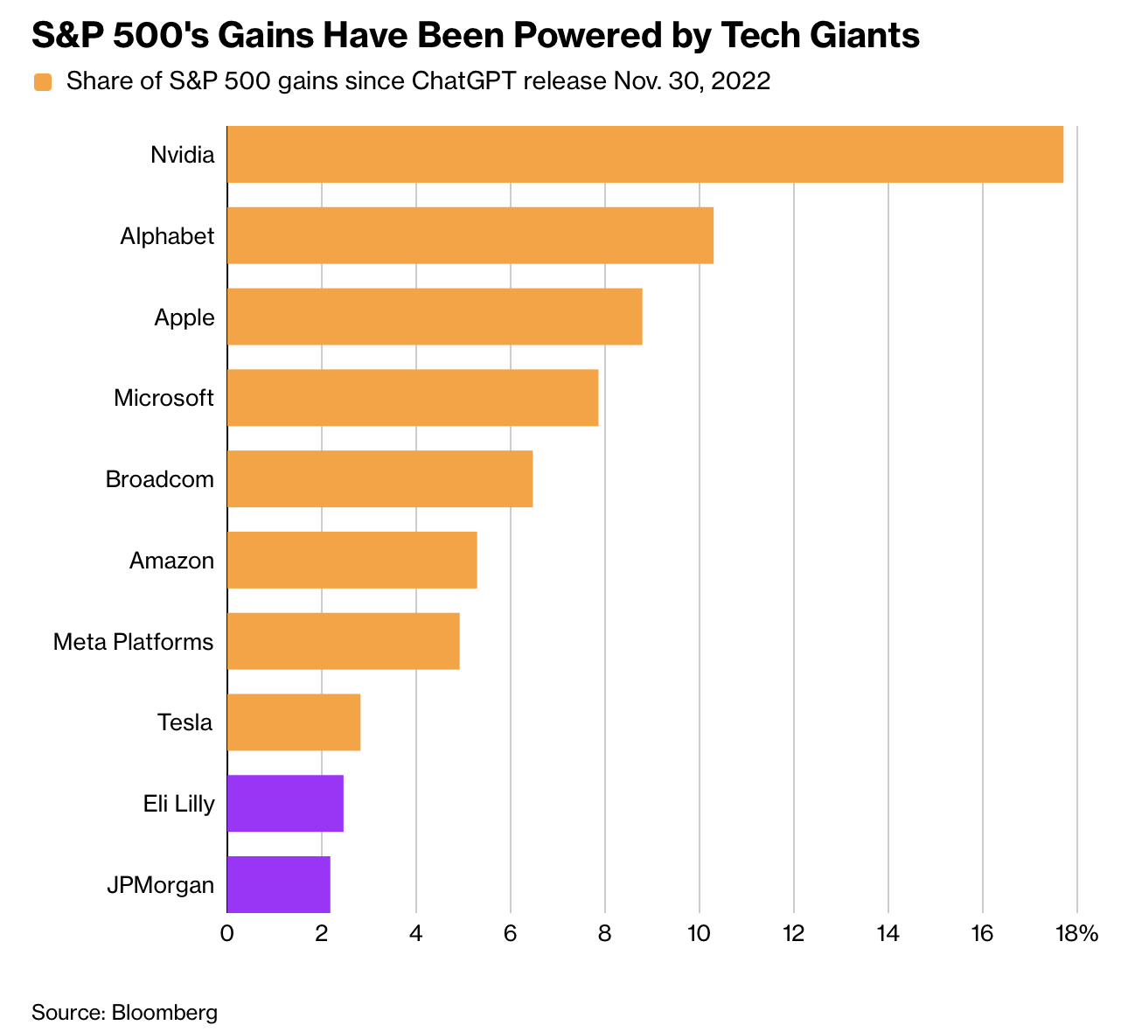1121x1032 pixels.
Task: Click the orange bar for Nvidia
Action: pyautogui.click(x=644, y=154)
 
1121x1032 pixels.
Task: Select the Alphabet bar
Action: pyautogui.click(x=470, y=235)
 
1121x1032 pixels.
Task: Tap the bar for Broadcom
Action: pyautogui.click(x=379, y=478)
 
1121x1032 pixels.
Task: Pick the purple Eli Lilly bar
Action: pyautogui.click(x=285, y=803)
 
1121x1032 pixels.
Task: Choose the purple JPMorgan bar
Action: pyautogui.click(x=278, y=884)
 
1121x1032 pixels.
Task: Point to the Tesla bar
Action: pyautogui.click(x=293, y=722)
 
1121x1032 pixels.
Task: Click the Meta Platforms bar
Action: pyautogui.click(x=343, y=641)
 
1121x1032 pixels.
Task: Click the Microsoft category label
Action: pyautogui.click(x=164, y=398)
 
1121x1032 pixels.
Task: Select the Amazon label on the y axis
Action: pyautogui.click(x=171, y=561)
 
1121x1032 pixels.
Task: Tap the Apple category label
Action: pyautogui.click(x=184, y=317)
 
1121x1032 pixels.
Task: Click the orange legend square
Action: pyautogui.click(x=42, y=82)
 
